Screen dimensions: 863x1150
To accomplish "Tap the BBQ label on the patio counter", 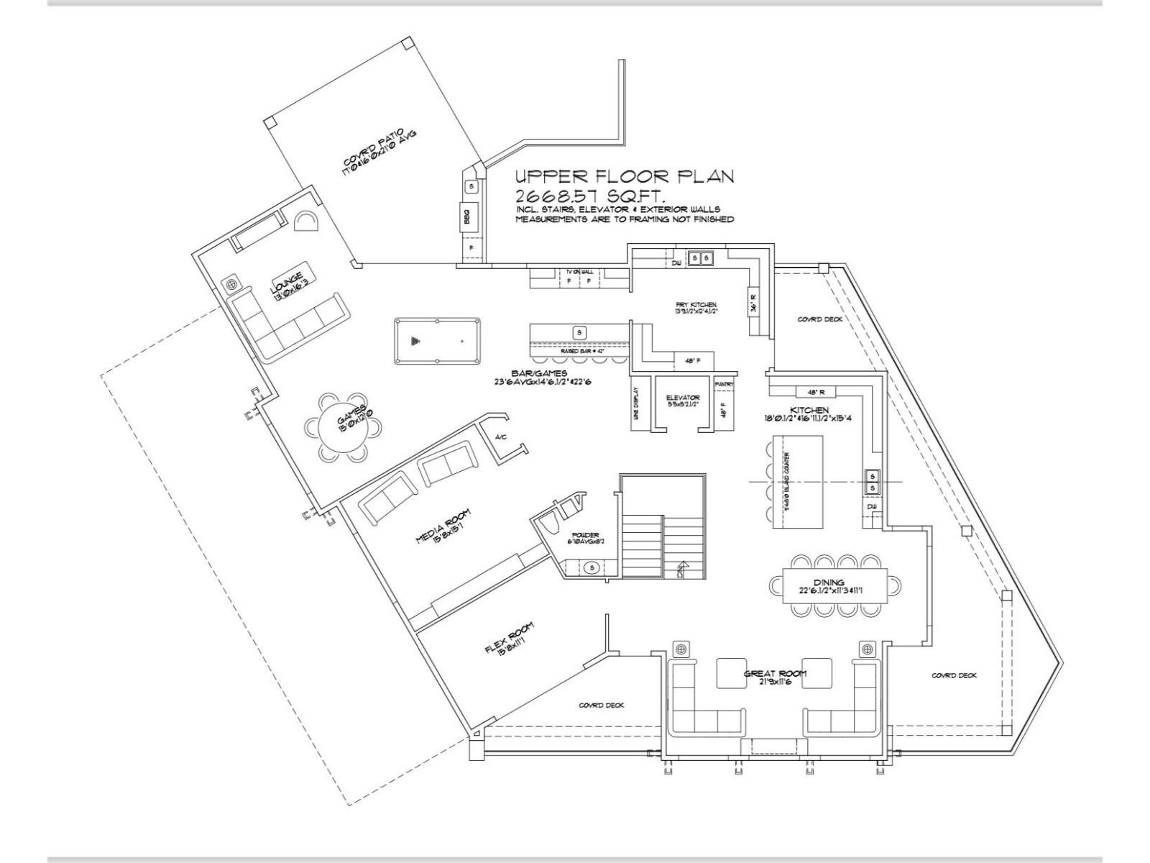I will point(471,214).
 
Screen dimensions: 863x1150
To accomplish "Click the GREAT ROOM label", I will point(774,674).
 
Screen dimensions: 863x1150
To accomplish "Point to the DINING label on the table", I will point(829,583).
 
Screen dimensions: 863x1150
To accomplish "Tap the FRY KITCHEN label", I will point(696,305).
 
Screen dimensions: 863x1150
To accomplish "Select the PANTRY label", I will point(724,385).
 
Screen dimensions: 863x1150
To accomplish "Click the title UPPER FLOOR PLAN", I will point(624,177).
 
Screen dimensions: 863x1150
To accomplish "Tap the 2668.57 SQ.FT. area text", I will point(589,196).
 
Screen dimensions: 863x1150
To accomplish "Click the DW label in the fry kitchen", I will point(676,263).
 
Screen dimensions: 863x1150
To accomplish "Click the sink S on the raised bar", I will point(579,332).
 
